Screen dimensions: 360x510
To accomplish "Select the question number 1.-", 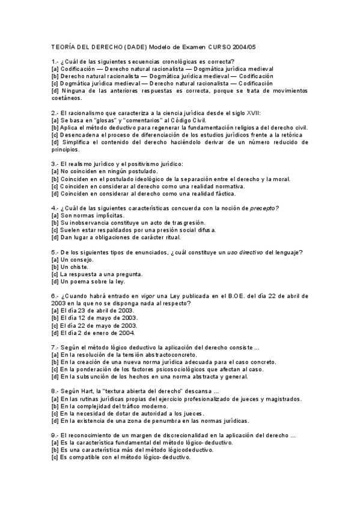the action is pyautogui.click(x=55, y=61).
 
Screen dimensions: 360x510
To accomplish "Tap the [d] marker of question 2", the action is pyautogui.click(x=55, y=143).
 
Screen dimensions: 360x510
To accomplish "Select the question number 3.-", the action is pyautogui.click(x=55, y=164).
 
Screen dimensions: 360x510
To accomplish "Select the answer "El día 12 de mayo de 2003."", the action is pyautogui.click(x=99, y=318).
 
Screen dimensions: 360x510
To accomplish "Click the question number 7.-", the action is pyautogui.click(x=55, y=347).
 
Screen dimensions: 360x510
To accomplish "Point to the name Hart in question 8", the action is pyautogui.click(x=87, y=391).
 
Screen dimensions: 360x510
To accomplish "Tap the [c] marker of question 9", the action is pyautogui.click(x=55, y=457).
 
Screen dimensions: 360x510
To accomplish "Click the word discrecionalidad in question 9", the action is pyautogui.click(x=193, y=435).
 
